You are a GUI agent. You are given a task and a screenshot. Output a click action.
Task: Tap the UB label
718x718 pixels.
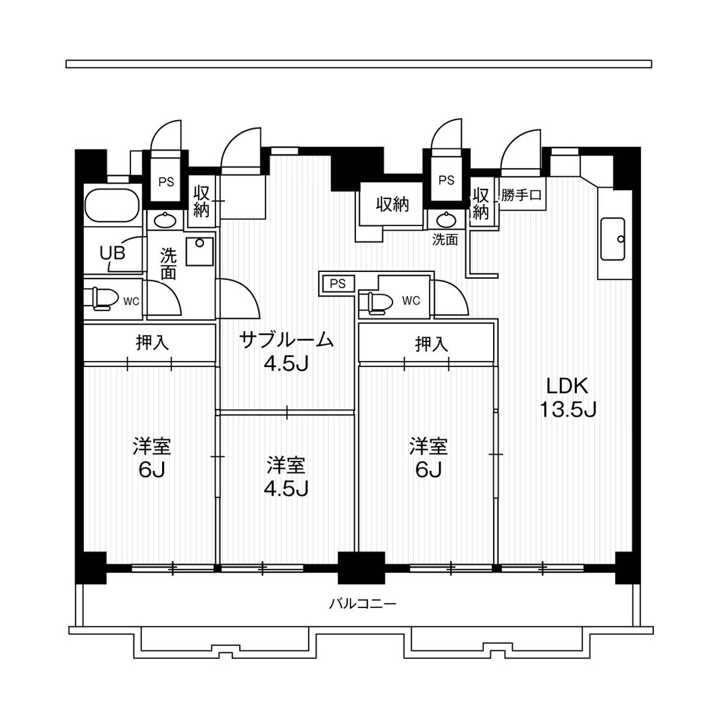112,253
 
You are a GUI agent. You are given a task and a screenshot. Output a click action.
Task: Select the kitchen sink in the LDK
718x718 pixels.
613,239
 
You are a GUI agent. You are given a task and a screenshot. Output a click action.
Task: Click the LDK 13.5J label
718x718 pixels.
567,398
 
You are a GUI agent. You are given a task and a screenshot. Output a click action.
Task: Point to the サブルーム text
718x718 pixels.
286,340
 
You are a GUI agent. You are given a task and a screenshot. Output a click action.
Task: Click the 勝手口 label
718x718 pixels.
521,195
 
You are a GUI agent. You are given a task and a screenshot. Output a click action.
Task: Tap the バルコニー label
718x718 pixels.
363,603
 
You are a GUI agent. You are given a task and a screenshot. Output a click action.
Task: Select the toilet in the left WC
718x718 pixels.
102,299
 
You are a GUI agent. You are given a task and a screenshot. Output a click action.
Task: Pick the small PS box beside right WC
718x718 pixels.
338,283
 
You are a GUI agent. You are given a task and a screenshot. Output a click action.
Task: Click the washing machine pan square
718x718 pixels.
199,251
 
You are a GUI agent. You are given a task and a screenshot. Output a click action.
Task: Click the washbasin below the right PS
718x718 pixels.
446,219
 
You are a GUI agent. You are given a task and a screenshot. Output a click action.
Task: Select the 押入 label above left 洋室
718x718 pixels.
152,343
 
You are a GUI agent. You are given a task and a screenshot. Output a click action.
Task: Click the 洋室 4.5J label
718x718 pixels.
286,477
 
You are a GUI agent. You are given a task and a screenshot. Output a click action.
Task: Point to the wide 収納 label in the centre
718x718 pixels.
392,204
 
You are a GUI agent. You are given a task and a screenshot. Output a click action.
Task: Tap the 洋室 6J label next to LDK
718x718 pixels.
428,458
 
